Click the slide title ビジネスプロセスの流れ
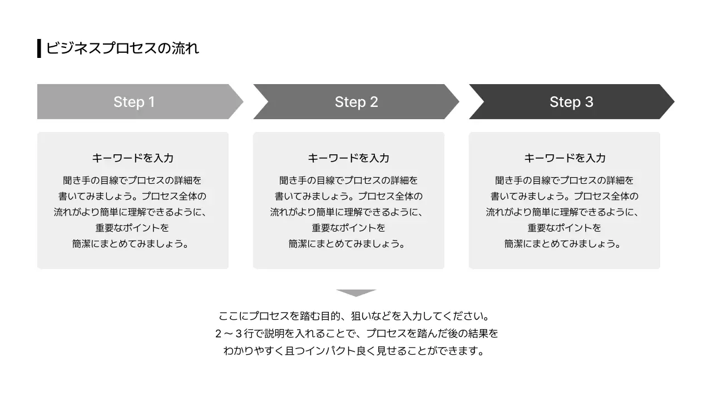122,48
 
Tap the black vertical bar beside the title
39,48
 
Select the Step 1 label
134,102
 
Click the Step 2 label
356,102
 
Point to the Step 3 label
571,102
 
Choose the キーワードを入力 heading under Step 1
132,158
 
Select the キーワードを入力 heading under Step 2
348,158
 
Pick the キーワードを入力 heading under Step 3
565,158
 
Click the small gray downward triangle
356,292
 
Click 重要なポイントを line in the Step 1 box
132,228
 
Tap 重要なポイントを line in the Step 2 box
348,228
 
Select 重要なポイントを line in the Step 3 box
565,228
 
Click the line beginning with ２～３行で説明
356,334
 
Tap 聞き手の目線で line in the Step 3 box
565,180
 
